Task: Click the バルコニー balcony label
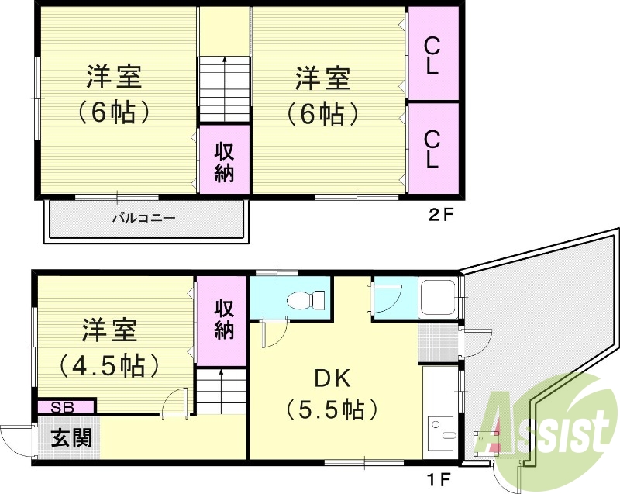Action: [x=144, y=218]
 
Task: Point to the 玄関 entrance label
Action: [x=72, y=437]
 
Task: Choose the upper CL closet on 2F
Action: [x=432, y=55]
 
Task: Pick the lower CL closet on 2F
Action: [x=432, y=147]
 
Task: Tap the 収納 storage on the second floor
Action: [x=224, y=161]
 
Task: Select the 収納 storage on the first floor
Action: [x=224, y=318]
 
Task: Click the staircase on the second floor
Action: [x=225, y=89]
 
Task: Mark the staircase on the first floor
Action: [x=222, y=392]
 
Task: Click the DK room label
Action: [x=333, y=379]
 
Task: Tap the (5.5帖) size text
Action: [x=331, y=408]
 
